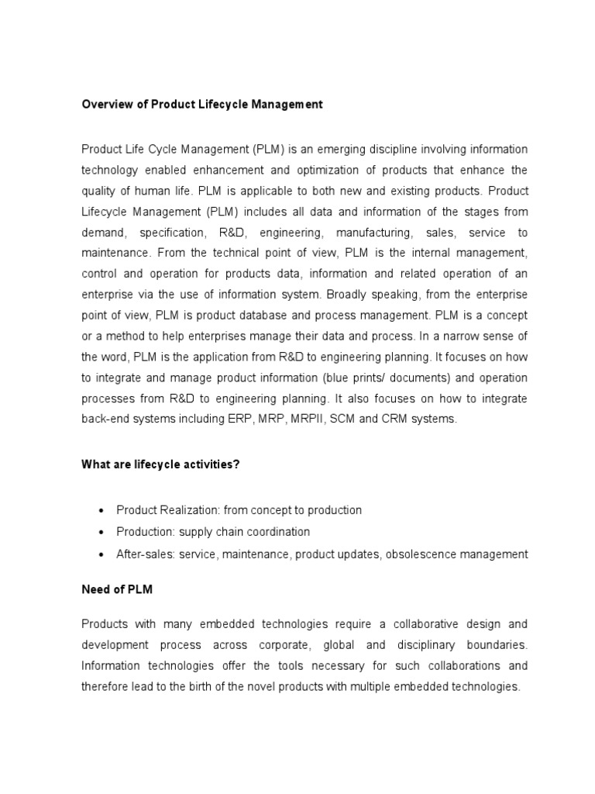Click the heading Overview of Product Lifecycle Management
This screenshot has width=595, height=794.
[x=202, y=105]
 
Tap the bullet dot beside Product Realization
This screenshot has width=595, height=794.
[x=103, y=511]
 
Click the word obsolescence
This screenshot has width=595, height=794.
[x=420, y=554]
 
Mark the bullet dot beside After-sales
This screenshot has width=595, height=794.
[x=103, y=555]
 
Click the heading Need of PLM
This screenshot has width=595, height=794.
[x=117, y=590]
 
